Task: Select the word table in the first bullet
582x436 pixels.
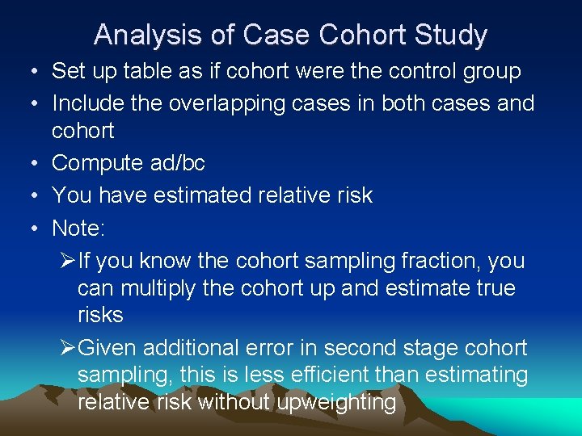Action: point(145,71)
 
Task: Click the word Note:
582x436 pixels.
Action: point(78,228)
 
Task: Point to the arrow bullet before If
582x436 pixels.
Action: point(68,261)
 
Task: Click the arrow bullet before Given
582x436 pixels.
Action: point(68,348)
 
